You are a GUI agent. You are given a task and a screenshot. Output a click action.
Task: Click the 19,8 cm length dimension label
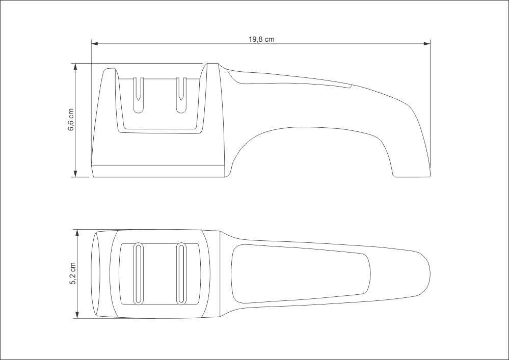click(261, 40)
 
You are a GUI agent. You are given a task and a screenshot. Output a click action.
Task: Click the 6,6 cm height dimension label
click(71, 120)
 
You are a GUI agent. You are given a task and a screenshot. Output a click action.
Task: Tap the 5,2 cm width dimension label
click(72, 273)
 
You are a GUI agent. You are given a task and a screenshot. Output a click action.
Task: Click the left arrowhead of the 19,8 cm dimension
click(94, 43)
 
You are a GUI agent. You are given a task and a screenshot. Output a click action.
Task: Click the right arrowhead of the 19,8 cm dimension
click(427, 43)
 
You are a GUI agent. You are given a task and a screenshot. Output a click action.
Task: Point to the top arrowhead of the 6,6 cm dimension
click(75, 67)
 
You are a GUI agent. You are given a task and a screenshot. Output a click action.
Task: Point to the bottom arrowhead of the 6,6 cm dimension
click(75, 174)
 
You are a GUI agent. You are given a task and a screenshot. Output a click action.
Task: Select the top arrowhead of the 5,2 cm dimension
click(77, 233)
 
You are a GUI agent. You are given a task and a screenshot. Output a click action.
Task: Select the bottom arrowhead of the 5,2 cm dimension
click(77, 315)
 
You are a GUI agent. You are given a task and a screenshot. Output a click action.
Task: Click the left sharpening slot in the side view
click(139, 95)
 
